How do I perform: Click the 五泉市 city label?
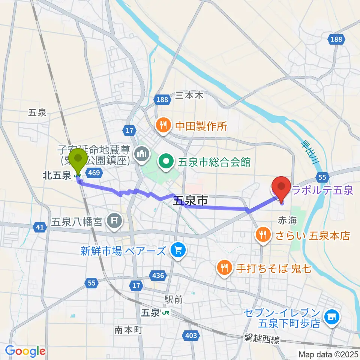pyautogui.click(x=190, y=201)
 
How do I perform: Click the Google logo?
pyautogui.click(x=25, y=351)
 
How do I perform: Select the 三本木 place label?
pyautogui.click(x=189, y=96)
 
